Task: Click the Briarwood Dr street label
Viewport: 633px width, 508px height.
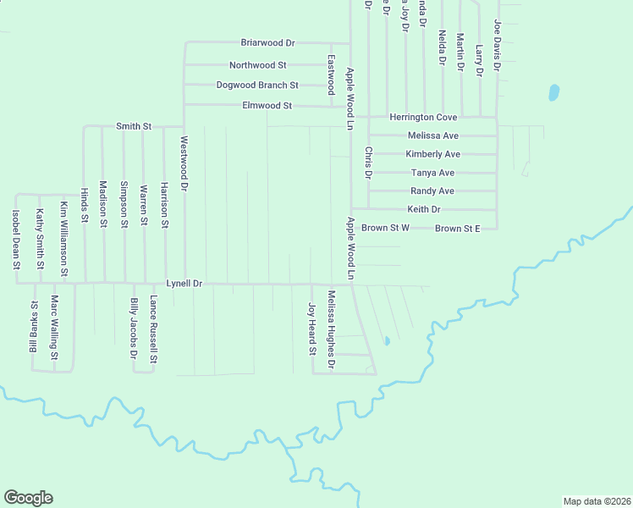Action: [267, 42]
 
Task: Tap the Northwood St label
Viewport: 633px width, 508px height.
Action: [258, 65]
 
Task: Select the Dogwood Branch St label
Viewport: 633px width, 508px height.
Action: [257, 86]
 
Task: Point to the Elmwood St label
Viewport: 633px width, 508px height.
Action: [267, 106]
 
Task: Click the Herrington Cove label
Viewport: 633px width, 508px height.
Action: [423, 117]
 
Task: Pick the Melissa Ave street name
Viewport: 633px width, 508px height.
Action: [432, 135]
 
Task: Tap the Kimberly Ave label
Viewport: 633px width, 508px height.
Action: [432, 154]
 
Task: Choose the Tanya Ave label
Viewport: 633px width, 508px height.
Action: [432, 173]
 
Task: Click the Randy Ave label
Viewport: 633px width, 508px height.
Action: [432, 191]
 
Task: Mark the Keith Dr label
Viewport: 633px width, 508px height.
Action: [424, 209]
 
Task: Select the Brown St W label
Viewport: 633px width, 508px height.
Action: [385, 229]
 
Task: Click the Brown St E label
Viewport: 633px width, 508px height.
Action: [457, 229]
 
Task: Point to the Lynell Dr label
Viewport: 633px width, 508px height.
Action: [184, 284]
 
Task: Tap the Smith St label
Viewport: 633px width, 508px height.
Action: [133, 126]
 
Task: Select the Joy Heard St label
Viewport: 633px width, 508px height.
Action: [311, 329]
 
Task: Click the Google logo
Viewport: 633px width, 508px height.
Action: [28, 497]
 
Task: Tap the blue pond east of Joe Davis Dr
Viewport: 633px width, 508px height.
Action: [553, 91]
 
